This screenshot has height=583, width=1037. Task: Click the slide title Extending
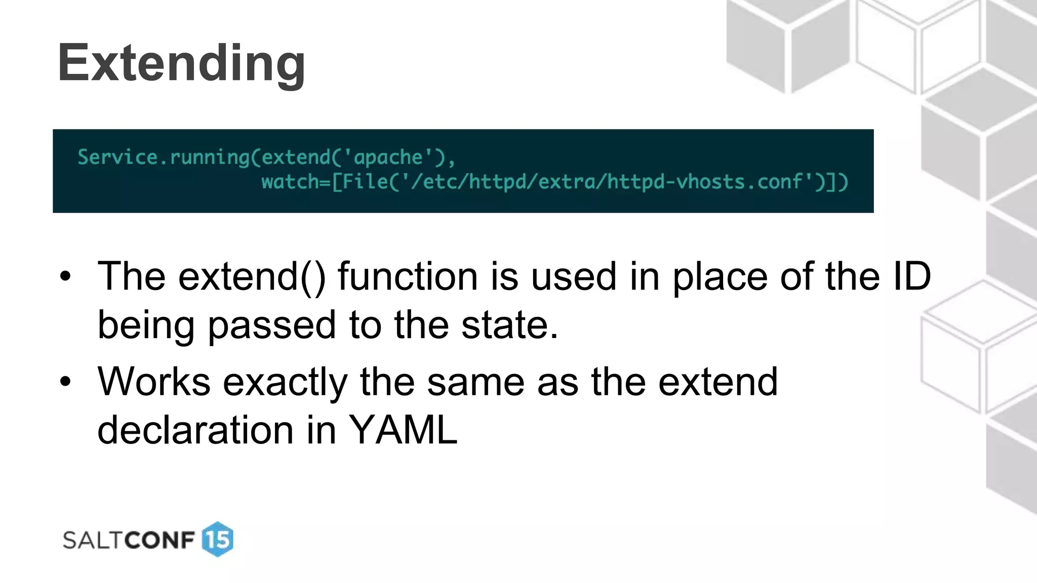181,63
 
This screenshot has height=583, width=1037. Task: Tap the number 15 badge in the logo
218,539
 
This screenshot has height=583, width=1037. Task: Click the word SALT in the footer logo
94,540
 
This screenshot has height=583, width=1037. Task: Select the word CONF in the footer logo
160,540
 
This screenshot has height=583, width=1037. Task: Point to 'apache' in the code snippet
388,157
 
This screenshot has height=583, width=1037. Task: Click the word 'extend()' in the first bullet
252,277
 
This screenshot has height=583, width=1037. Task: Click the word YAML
404,430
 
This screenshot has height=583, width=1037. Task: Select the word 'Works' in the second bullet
154,382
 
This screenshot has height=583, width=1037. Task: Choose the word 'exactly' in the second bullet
285,383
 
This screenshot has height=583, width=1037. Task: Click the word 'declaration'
195,430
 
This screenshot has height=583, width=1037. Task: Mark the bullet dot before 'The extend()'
65,277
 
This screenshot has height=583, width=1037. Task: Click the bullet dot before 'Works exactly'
65,382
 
